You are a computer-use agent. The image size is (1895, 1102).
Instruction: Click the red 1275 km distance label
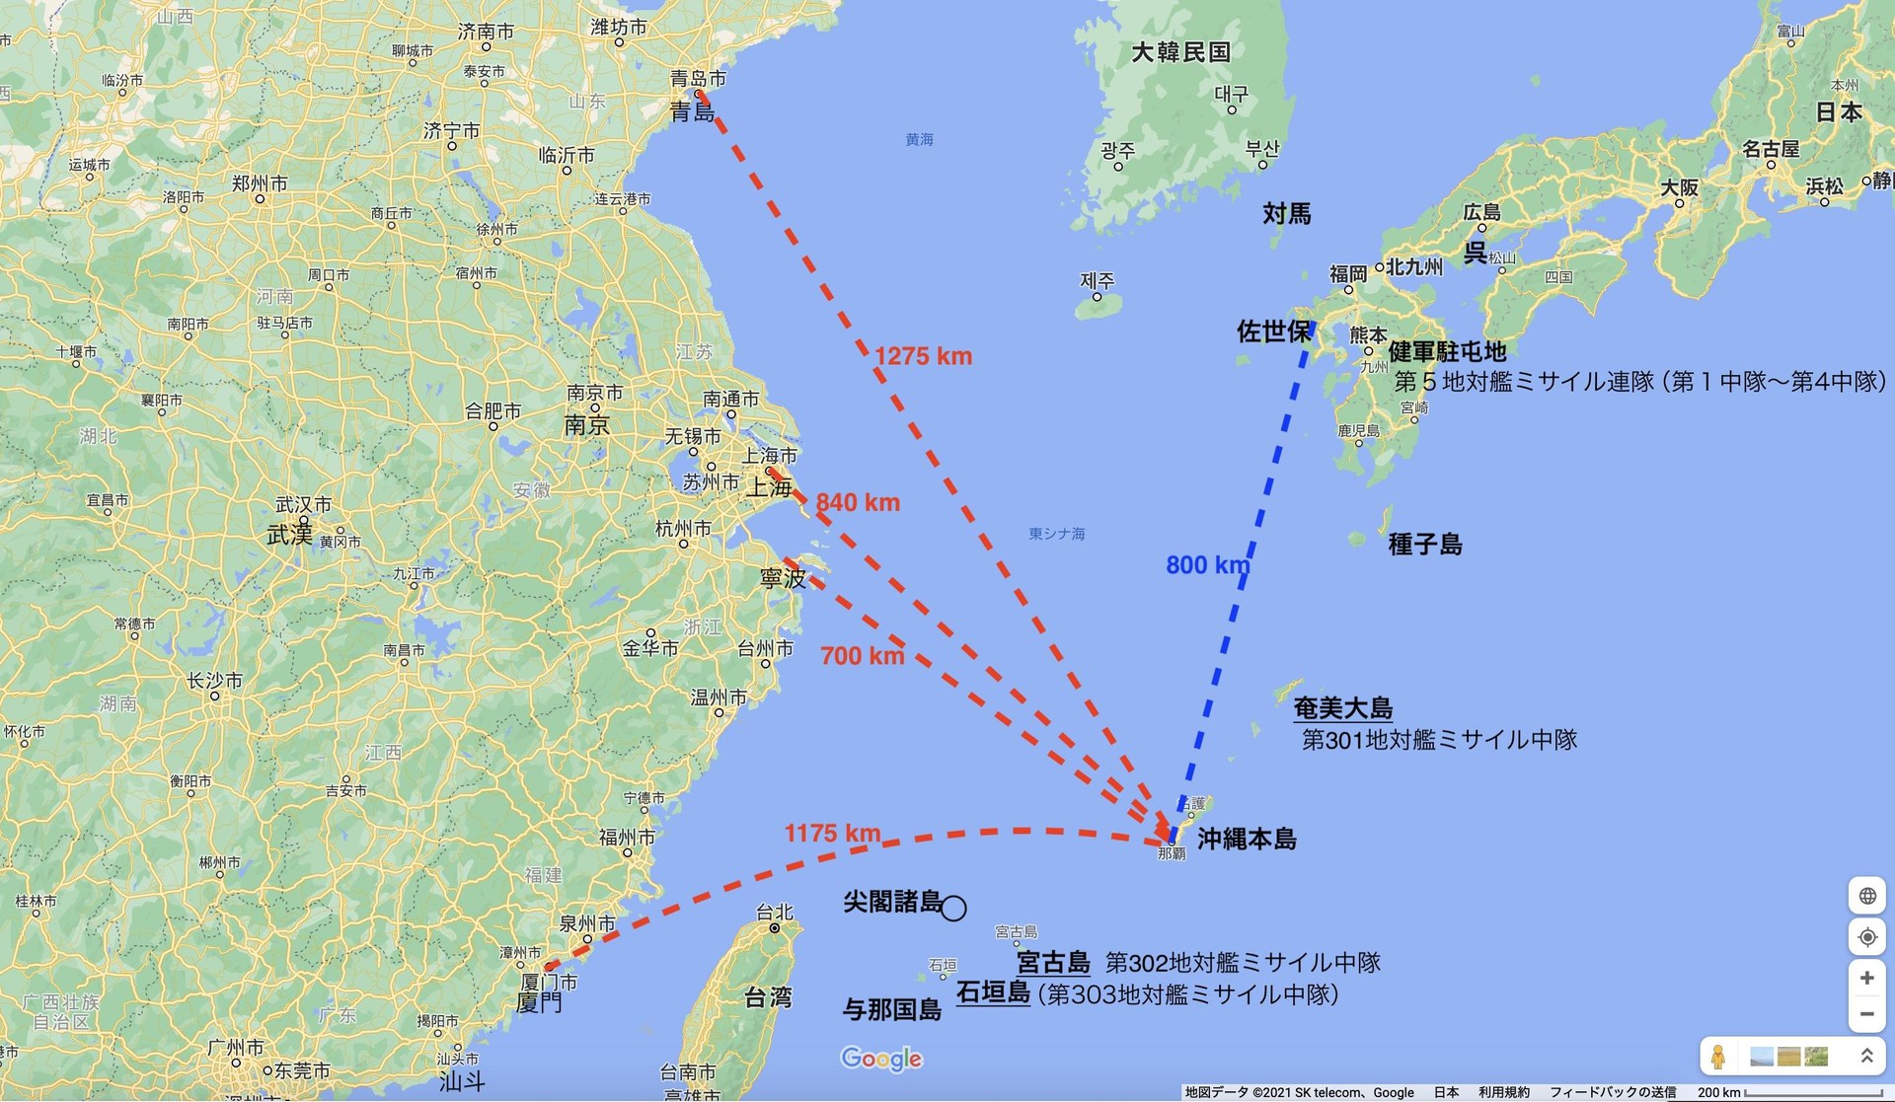923,356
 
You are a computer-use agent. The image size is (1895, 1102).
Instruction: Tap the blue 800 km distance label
1207,565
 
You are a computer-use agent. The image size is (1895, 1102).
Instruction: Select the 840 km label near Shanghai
858,502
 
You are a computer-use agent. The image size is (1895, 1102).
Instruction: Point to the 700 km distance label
862,655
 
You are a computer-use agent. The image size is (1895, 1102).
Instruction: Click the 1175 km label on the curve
832,834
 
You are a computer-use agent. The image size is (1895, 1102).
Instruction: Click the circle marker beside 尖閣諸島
953,908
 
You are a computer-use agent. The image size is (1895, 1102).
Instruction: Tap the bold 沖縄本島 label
1247,840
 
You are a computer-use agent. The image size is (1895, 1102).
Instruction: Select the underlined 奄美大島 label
1342,708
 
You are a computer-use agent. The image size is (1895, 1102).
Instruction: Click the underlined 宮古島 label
1053,962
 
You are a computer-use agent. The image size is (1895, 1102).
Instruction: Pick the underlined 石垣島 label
993,992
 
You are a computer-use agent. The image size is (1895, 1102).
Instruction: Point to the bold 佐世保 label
1273,331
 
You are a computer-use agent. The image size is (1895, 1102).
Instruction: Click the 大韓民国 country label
1180,52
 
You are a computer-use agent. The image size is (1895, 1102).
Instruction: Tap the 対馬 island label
1287,214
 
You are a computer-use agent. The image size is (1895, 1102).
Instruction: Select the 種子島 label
1424,545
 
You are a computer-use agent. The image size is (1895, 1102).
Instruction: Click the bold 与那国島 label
891,1010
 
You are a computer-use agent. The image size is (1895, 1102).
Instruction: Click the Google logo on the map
881,1059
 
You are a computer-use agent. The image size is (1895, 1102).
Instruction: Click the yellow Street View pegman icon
1718,1057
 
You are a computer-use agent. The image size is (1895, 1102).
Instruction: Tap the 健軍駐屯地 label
1447,352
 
